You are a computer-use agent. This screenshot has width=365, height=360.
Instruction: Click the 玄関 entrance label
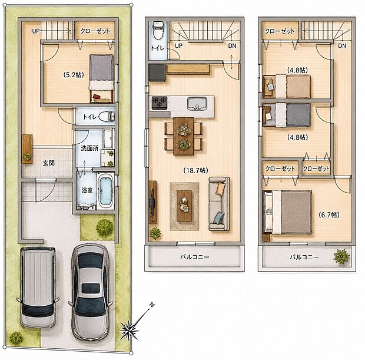point(49,163)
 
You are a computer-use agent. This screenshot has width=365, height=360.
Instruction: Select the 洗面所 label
point(89,148)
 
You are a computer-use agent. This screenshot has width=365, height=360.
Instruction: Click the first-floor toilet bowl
point(107,116)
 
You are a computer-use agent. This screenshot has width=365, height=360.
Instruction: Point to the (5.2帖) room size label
point(74,75)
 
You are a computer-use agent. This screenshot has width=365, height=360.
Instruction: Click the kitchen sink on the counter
point(197,104)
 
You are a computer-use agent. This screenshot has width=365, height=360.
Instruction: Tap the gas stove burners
point(160,103)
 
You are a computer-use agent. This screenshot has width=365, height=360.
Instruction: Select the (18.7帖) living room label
point(196,170)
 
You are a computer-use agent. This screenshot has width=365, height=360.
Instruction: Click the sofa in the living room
point(219,204)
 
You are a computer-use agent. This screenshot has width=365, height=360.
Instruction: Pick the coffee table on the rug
point(184,206)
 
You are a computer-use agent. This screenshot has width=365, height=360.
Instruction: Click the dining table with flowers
point(184,136)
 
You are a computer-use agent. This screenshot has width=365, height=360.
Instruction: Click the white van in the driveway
point(38,287)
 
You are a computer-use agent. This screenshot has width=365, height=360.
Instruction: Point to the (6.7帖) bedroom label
point(328,214)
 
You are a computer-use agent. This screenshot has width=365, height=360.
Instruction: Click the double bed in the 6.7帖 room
point(287,212)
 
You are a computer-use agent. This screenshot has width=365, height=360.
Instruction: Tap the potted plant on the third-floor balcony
point(341,256)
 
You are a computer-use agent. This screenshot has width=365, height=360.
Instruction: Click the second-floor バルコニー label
point(195,257)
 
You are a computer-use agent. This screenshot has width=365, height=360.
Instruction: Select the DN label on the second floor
point(232,46)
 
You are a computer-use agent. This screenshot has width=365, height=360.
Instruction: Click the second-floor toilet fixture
point(158,30)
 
